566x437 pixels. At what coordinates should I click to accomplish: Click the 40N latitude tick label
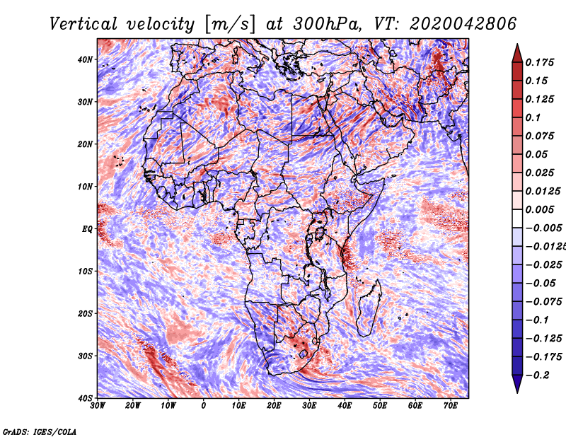point(85,59)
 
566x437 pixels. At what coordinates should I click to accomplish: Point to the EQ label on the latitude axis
point(87,229)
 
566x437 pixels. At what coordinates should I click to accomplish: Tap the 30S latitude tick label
point(85,356)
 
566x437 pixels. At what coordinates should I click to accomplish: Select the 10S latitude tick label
point(85,271)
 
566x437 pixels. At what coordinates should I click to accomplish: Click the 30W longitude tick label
point(98,406)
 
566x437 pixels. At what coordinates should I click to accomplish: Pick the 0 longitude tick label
point(204,406)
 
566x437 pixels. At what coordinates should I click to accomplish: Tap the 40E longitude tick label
point(345,406)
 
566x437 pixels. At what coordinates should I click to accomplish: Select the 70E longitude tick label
point(451,406)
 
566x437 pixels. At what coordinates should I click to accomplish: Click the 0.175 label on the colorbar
point(540,63)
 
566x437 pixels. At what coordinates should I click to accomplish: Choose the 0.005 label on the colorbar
point(540,209)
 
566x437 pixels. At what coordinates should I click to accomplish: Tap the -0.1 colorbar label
point(538,320)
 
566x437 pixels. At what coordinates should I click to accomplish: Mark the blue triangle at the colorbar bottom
point(517,383)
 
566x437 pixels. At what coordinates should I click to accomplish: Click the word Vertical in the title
point(83,24)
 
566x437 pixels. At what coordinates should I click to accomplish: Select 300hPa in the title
point(327,24)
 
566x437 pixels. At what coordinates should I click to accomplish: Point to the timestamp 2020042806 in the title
point(463,24)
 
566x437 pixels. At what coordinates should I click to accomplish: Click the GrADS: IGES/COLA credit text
point(40,432)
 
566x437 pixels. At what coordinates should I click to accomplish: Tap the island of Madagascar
point(369,308)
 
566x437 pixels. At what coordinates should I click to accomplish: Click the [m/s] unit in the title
point(230,24)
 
